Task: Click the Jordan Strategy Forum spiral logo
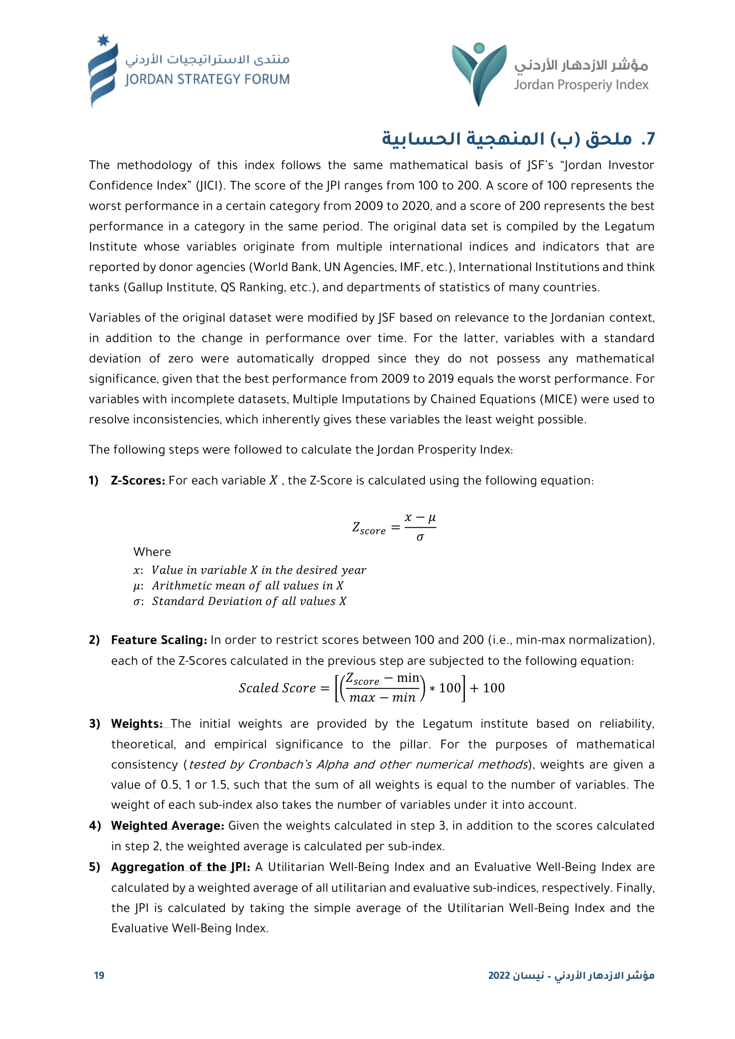click(103, 72)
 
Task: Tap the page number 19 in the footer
click(99, 975)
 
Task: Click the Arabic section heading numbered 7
click(518, 139)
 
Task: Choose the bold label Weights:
click(137, 724)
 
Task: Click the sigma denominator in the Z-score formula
click(420, 537)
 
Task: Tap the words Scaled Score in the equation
click(277, 688)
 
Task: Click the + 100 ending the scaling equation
click(487, 688)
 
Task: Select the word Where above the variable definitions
click(152, 552)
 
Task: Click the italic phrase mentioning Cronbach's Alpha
click(358, 764)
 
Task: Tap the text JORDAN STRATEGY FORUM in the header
click(207, 80)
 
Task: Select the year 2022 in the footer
click(499, 975)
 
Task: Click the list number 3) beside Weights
click(94, 724)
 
